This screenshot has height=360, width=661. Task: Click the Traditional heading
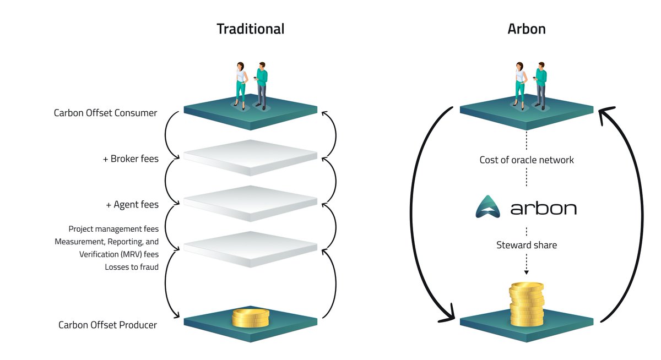pyautogui.click(x=251, y=29)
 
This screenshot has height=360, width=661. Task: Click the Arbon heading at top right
pyautogui.click(x=527, y=29)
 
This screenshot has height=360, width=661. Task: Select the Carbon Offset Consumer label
pyautogui.click(x=105, y=113)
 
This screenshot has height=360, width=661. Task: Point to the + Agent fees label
pyautogui.click(x=132, y=205)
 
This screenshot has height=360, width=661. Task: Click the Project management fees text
pyautogui.click(x=113, y=228)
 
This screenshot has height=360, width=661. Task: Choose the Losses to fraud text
pyautogui.click(x=132, y=267)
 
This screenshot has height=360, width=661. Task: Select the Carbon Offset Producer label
pyautogui.click(x=107, y=325)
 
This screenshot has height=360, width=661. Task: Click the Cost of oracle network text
pyautogui.click(x=527, y=160)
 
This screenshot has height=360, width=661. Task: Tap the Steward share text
pyautogui.click(x=527, y=245)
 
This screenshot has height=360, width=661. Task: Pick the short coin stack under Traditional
pyautogui.click(x=251, y=318)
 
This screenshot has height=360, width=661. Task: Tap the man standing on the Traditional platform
pyautogui.click(x=262, y=85)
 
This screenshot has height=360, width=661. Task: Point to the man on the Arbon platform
pyautogui.click(x=540, y=85)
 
